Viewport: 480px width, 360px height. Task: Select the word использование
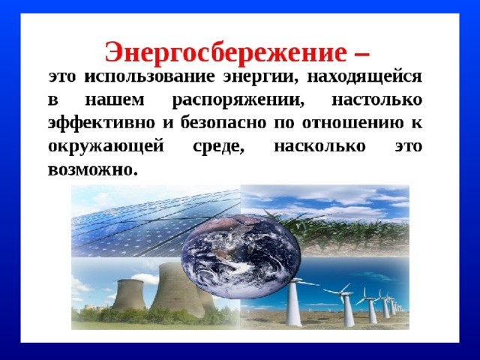(149, 76)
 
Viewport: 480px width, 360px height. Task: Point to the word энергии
(260, 77)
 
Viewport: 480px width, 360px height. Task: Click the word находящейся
(364, 77)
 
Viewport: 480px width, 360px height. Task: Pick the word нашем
(115, 100)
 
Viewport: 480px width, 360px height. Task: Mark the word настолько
(377, 100)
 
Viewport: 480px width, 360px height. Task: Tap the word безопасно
(223, 123)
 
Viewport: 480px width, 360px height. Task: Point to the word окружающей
(106, 147)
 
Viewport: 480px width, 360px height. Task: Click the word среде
(219, 147)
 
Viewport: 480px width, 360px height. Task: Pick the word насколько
(320, 147)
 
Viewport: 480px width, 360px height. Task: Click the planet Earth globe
(241, 256)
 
